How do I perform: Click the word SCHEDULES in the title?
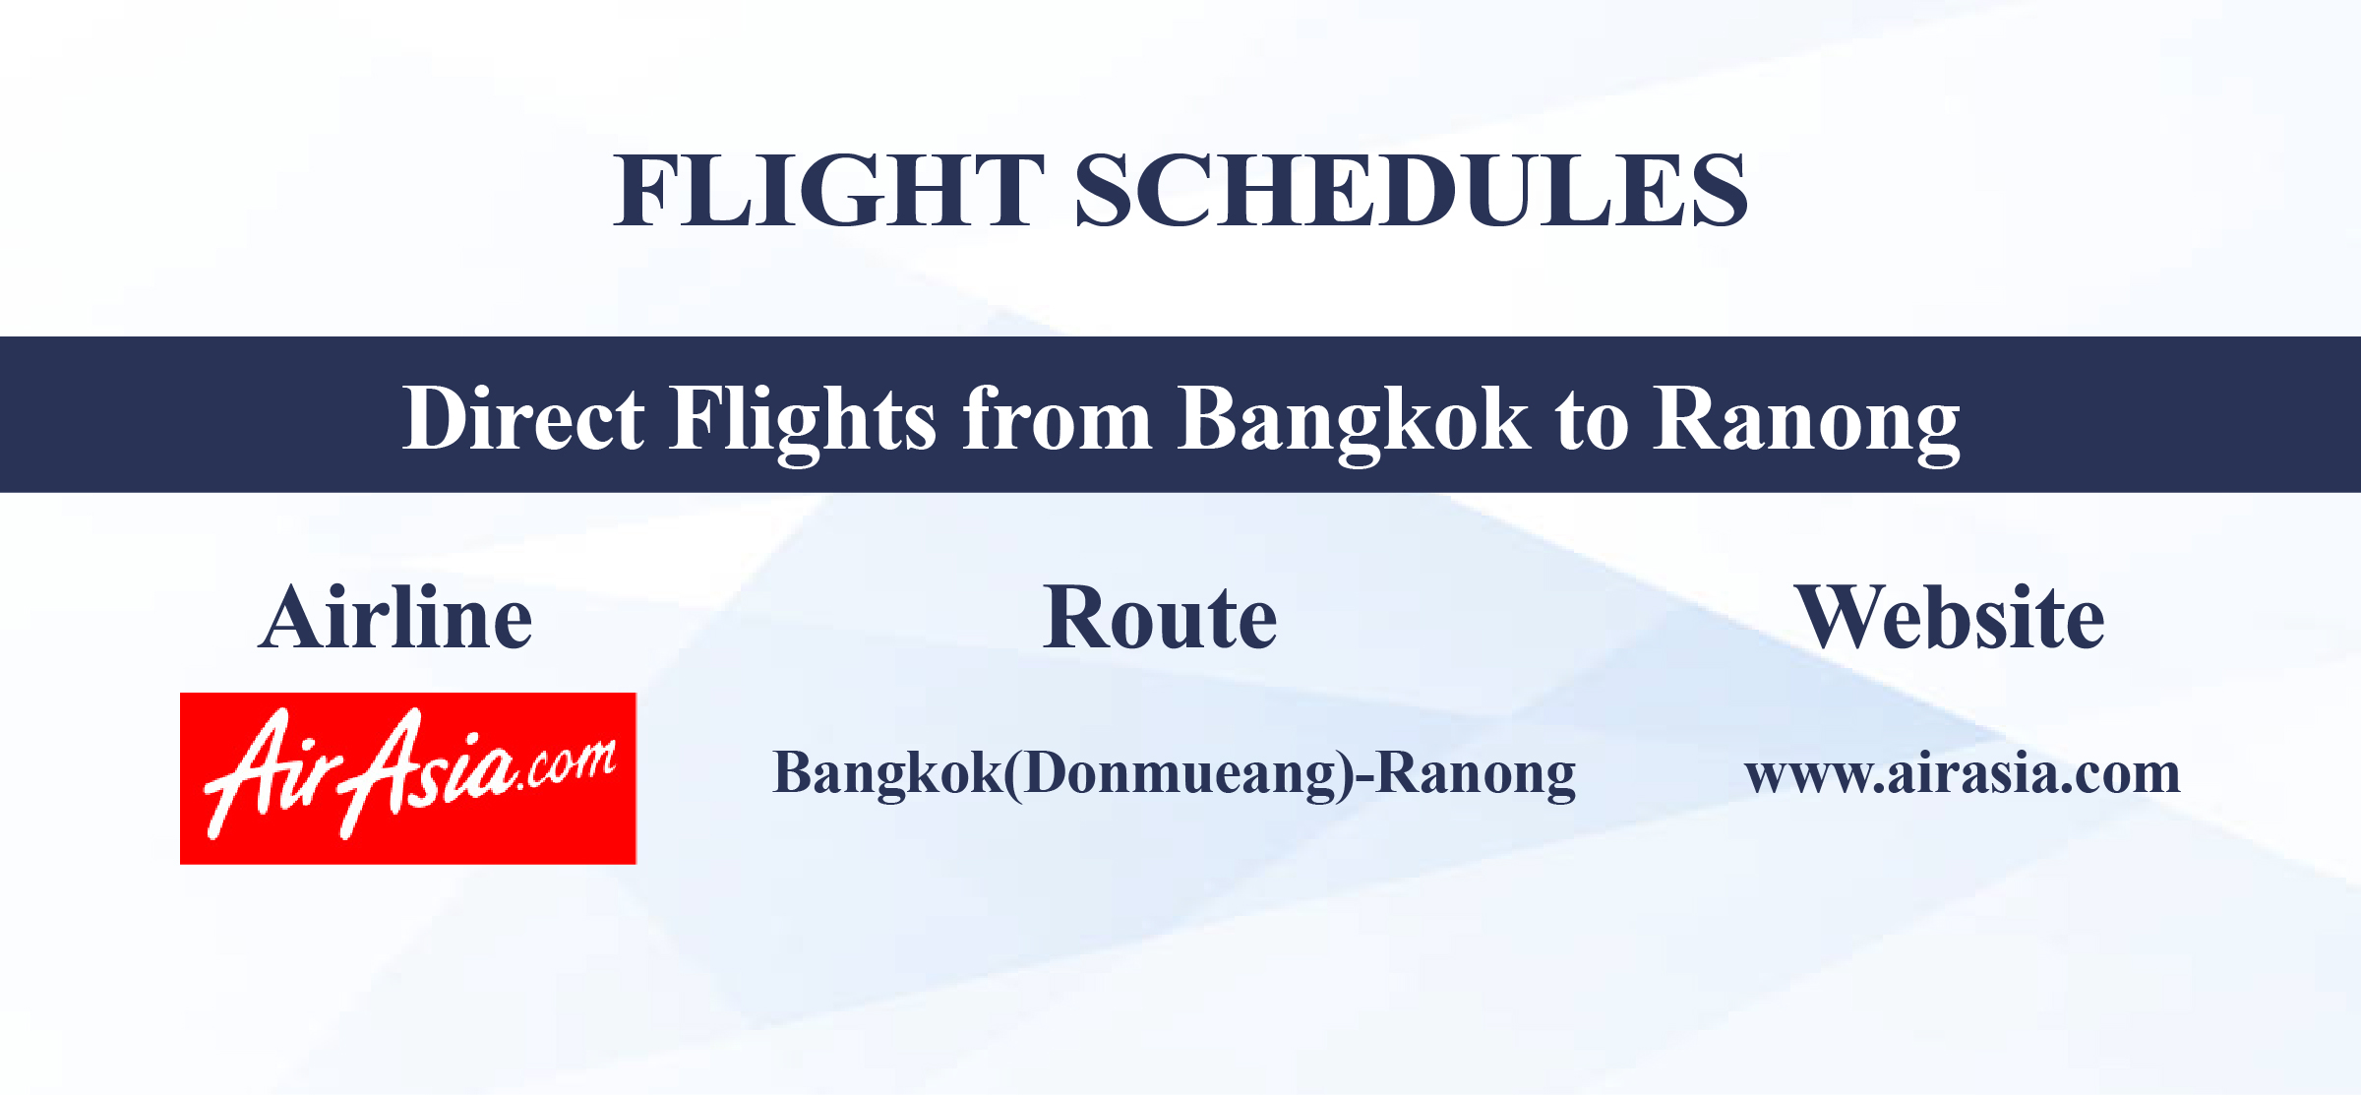1411,191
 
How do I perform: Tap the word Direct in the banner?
522,419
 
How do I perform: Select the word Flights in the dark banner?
802,419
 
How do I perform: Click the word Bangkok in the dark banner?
1353,419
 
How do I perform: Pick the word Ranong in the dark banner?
1805,419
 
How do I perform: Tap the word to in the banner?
1591,419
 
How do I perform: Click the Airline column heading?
395,618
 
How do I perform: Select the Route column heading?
1160,618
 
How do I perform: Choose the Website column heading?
1949,618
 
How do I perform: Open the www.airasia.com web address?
1962,773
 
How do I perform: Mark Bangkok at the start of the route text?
886,773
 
